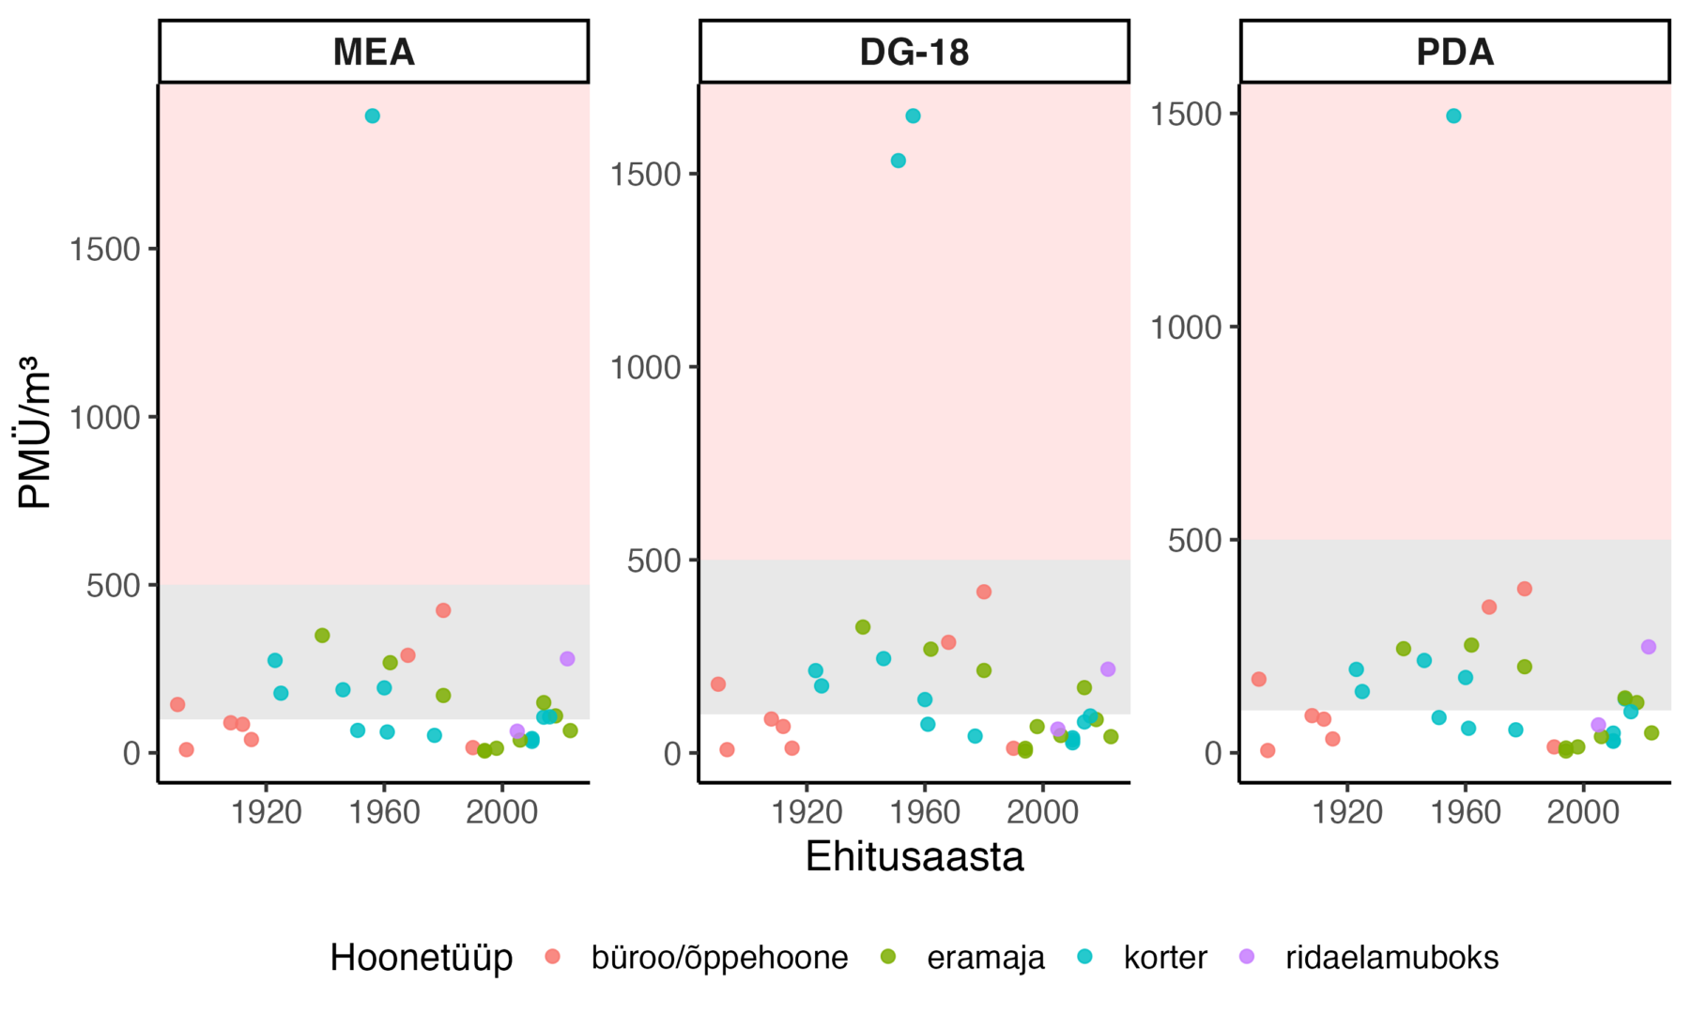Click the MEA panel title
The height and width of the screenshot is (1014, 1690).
[x=374, y=52]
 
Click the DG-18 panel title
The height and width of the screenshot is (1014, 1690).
[x=914, y=52]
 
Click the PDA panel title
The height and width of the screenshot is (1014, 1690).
[x=1454, y=52]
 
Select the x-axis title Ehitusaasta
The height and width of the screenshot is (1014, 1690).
[x=914, y=856]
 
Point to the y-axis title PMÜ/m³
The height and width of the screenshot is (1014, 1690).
[x=35, y=432]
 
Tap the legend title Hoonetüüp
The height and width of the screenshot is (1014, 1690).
[x=421, y=958]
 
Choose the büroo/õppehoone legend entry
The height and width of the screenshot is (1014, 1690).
[x=719, y=958]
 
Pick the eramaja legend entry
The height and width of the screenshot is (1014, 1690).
[x=985, y=958]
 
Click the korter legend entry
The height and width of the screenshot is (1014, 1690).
[x=1164, y=958]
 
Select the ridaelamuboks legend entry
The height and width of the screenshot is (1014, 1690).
[x=1391, y=958]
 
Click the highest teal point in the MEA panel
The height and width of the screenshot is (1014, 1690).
[x=373, y=116]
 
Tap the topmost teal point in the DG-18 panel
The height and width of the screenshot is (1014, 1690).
[x=913, y=116]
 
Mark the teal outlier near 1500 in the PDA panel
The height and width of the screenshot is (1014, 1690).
[x=1453, y=116]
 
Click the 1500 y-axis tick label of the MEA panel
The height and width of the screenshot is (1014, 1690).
[x=104, y=250]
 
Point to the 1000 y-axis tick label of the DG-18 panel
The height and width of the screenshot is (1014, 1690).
[x=645, y=367]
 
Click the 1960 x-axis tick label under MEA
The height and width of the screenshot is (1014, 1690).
[x=384, y=811]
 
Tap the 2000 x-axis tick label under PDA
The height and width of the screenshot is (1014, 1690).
[x=1583, y=811]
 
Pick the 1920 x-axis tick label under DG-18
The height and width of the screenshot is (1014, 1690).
[x=807, y=811]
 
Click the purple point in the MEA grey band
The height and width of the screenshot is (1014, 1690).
[x=567, y=659]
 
